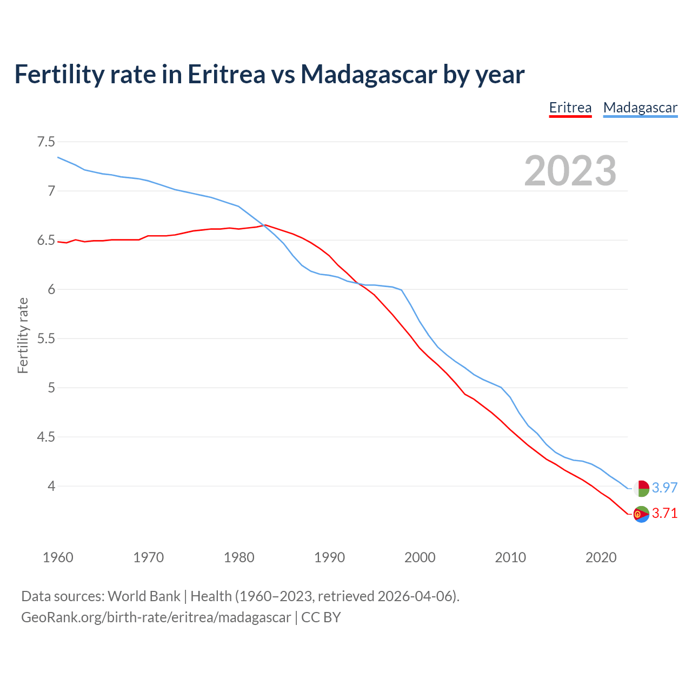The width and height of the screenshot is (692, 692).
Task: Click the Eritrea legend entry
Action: (570, 108)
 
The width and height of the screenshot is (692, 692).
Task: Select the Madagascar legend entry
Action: (640, 108)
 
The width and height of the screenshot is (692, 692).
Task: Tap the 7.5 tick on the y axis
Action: (46, 142)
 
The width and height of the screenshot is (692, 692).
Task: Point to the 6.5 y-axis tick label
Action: (46, 240)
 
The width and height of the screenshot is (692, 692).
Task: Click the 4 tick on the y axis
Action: (51, 486)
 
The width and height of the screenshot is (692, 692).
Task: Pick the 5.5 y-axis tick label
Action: (46, 338)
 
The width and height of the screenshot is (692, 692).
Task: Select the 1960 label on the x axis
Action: (58, 557)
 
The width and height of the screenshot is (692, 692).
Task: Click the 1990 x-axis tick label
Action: (329, 557)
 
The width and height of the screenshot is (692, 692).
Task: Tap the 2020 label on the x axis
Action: (601, 557)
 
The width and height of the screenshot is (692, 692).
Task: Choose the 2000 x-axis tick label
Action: (420, 557)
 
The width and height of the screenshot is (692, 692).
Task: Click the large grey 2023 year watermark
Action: (570, 171)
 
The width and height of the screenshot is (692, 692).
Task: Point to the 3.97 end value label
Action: (664, 488)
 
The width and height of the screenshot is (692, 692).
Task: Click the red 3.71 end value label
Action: (664, 514)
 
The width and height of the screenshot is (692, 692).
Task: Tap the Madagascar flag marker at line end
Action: (641, 488)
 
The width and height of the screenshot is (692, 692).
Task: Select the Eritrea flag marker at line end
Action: (641, 514)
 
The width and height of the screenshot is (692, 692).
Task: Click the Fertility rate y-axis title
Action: (23, 335)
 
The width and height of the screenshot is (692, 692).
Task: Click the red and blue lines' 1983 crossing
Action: (264, 226)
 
